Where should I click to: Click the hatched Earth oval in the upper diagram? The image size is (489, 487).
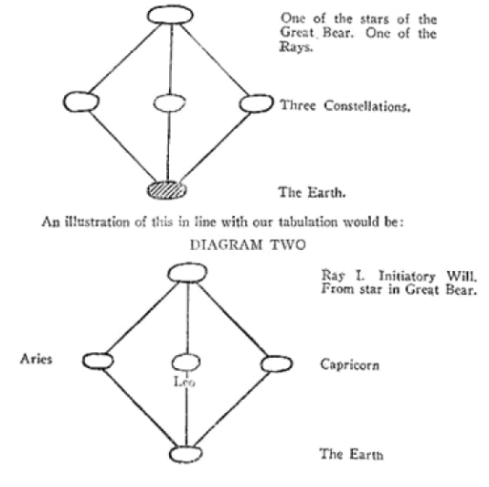(x=167, y=190)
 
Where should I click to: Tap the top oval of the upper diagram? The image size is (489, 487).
(x=170, y=15)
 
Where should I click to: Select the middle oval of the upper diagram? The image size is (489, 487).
(x=169, y=103)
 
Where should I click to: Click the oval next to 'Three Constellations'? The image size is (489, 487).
(x=256, y=103)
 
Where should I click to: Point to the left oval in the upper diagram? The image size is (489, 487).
(x=81, y=102)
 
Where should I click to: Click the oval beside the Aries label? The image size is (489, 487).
(x=98, y=361)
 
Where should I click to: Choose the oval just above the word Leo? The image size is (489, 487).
(x=186, y=363)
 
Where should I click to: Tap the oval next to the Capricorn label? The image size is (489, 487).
(x=276, y=364)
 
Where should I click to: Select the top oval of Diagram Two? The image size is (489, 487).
(x=187, y=273)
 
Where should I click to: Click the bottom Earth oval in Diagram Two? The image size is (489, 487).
(x=186, y=455)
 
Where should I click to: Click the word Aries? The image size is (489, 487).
(x=37, y=359)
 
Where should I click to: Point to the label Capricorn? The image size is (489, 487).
(x=350, y=364)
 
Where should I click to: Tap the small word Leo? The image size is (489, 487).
(x=185, y=382)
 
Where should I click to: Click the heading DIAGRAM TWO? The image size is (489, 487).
(x=248, y=245)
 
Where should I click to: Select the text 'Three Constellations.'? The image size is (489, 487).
(x=345, y=106)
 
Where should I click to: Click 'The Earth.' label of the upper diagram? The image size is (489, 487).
(x=312, y=192)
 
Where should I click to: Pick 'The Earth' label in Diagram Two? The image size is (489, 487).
(x=351, y=454)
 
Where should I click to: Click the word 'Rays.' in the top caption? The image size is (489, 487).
(x=295, y=48)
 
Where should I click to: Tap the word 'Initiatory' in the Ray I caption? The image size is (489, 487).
(x=407, y=276)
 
